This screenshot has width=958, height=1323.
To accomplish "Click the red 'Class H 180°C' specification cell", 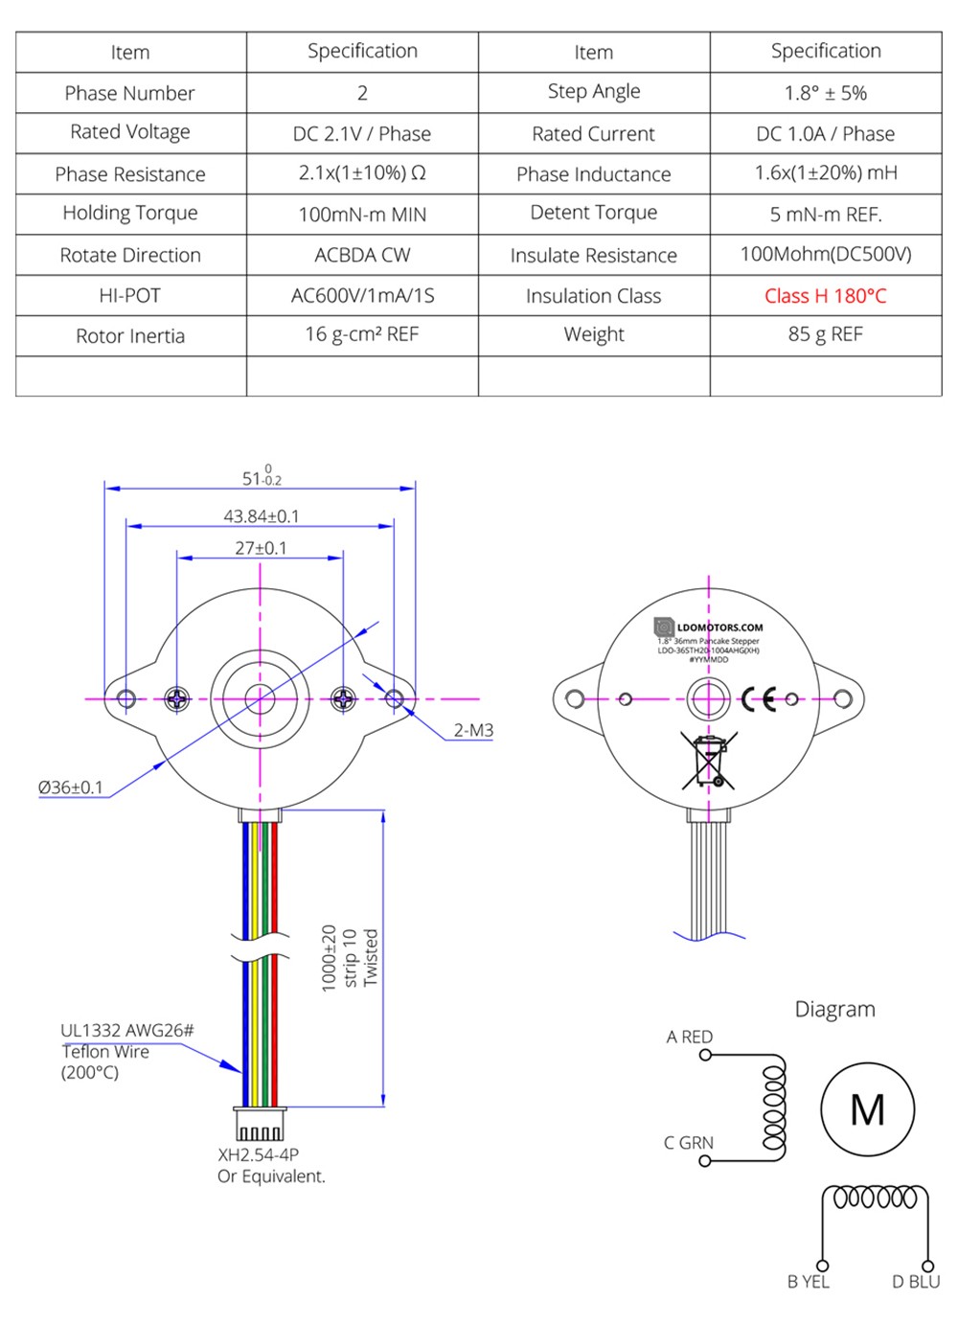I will tap(825, 296).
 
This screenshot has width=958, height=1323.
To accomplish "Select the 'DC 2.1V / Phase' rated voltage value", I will tap(362, 134).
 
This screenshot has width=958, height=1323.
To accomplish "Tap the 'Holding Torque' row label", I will tap(130, 214).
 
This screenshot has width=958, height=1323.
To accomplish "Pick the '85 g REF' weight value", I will tap(825, 335).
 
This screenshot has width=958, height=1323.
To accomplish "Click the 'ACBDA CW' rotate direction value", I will tap(362, 256).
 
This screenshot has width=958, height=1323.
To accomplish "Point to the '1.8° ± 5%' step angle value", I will tap(825, 93).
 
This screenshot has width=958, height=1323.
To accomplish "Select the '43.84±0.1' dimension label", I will tap(262, 516).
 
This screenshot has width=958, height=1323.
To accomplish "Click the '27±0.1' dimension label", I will tap(261, 548).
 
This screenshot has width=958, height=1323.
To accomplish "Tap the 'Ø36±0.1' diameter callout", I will tap(70, 787).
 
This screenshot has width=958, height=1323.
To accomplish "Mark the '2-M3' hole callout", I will tap(473, 730).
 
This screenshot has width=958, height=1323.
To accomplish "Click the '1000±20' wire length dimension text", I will tap(329, 958).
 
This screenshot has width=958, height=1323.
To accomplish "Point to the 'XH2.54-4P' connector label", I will tap(258, 1155).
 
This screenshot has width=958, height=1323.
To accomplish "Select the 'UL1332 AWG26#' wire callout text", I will tap(126, 1031).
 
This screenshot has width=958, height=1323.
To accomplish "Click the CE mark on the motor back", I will tap(759, 699).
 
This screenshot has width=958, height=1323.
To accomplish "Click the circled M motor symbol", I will tap(867, 1109).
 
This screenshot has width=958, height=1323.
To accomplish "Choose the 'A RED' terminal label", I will tap(690, 1037).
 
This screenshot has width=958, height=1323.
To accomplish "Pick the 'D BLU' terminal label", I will tap(916, 1282).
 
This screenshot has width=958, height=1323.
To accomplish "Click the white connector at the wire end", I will tap(260, 1123).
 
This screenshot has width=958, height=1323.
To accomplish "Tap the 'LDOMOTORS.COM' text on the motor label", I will tap(719, 628).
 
